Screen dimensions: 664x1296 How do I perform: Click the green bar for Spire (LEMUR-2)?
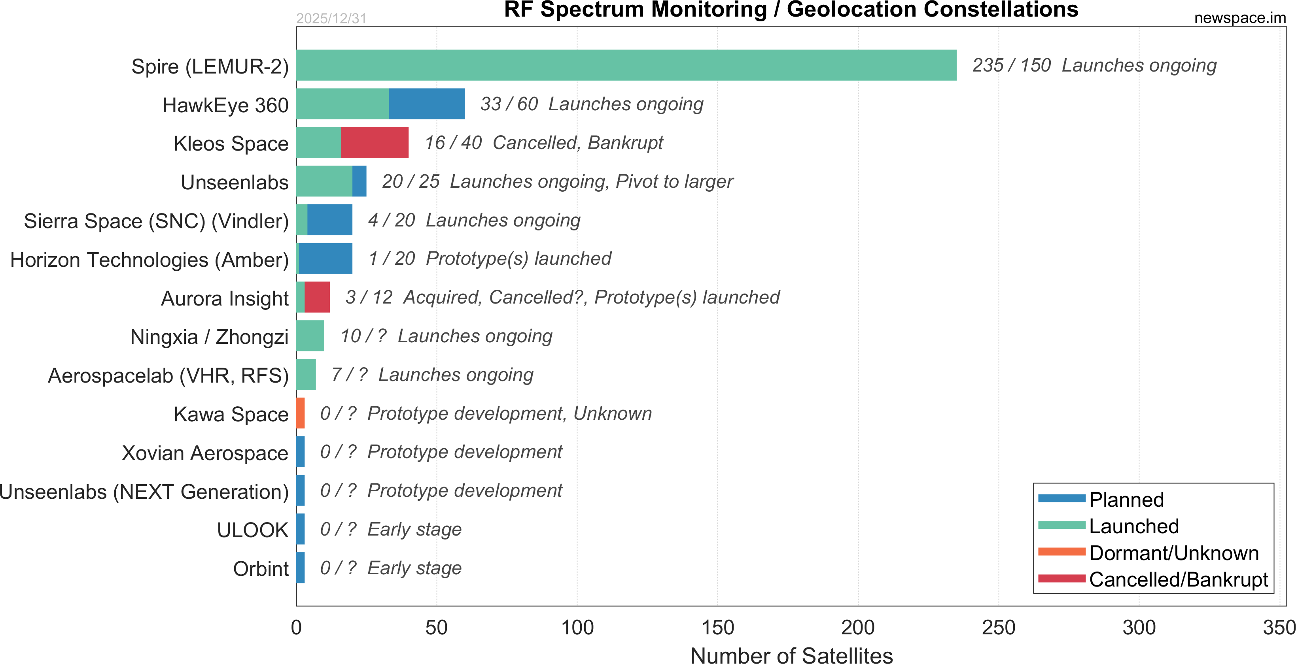click(626, 65)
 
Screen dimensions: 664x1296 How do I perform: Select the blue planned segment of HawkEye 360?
click(427, 104)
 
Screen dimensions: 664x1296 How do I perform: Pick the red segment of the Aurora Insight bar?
click(317, 297)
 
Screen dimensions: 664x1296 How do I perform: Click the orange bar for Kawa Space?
click(300, 413)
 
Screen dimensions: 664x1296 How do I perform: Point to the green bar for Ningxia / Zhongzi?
click(310, 336)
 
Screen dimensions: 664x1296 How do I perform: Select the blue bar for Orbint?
click(300, 568)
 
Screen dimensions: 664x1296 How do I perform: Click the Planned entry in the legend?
click(1126, 500)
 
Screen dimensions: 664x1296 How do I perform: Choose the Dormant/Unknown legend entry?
click(1173, 553)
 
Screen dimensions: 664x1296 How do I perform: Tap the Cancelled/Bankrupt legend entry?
click(1178, 579)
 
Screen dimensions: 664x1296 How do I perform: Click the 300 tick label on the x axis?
click(1139, 628)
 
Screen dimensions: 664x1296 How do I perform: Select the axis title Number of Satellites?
click(791, 655)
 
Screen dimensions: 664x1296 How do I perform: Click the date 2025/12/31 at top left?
click(331, 19)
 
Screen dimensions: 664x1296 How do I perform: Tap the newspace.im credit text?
click(1240, 18)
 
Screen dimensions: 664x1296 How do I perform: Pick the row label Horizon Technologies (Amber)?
click(149, 260)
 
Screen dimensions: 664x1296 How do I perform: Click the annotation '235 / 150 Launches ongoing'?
click(1094, 65)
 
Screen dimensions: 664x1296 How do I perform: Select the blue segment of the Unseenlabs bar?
click(359, 181)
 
